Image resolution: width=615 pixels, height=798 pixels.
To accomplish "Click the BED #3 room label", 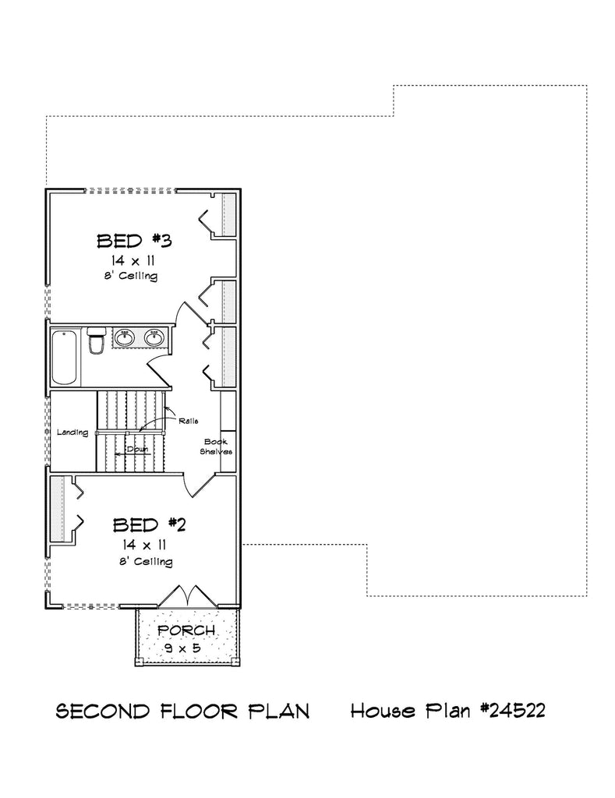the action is tap(134, 241).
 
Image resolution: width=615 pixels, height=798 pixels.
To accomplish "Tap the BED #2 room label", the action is tap(150, 524).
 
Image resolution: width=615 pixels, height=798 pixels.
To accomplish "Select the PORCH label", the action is tap(186, 630).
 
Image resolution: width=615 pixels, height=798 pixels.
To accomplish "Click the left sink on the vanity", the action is tap(124, 337).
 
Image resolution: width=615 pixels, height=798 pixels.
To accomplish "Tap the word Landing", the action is tap(72, 433).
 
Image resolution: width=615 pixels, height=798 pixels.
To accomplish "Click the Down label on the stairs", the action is tap(137, 449).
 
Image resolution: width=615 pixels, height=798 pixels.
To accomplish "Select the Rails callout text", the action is tap(189, 421).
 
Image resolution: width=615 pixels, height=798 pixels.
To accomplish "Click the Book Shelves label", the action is tap(217, 447).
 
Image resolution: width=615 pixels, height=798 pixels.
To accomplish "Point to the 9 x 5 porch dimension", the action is tap(182, 648).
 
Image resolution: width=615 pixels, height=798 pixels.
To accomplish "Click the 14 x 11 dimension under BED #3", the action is tap(133, 261).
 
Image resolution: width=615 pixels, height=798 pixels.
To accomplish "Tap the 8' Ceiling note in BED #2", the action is tap(146, 562).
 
